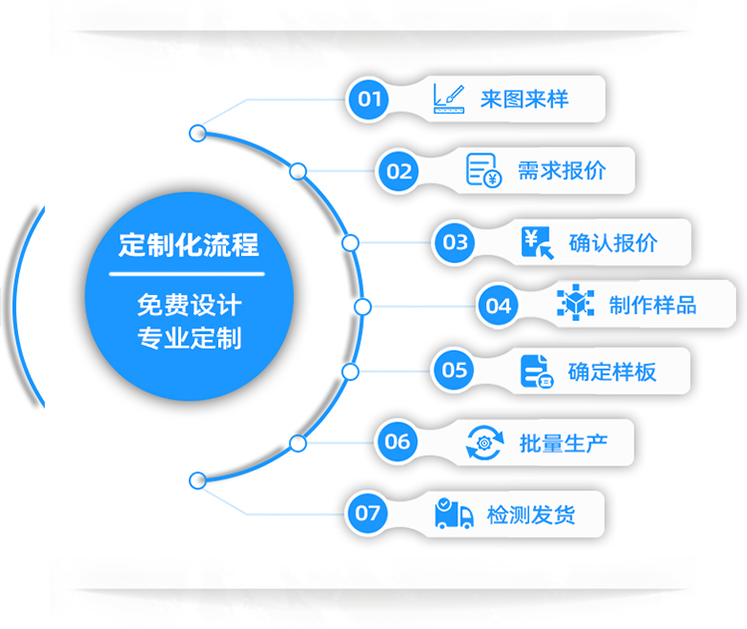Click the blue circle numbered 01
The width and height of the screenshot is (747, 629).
(371, 98)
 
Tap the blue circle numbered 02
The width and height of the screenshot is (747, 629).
(399, 171)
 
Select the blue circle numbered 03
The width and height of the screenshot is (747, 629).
(455, 241)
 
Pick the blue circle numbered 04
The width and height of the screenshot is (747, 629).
(498, 305)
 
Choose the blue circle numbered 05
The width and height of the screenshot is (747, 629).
(454, 371)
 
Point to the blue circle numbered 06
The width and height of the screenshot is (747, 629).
(397, 442)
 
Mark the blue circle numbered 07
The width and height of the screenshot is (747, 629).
(369, 513)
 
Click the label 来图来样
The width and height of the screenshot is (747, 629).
(524, 99)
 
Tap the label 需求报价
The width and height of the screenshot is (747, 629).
(561, 170)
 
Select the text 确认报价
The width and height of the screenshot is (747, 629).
(613, 242)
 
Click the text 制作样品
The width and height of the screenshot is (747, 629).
(652, 305)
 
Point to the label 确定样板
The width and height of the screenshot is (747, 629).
(612, 372)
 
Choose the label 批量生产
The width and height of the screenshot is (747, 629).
(562, 443)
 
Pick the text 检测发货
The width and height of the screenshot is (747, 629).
(531, 514)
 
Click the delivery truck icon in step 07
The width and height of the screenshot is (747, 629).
(454, 514)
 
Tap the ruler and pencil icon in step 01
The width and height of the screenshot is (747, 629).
(449, 98)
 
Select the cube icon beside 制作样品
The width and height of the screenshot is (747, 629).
(575, 304)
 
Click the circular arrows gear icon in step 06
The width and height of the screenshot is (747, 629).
(485, 442)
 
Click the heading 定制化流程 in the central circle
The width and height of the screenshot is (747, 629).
(188, 244)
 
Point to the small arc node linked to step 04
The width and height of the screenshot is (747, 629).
(363, 306)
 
